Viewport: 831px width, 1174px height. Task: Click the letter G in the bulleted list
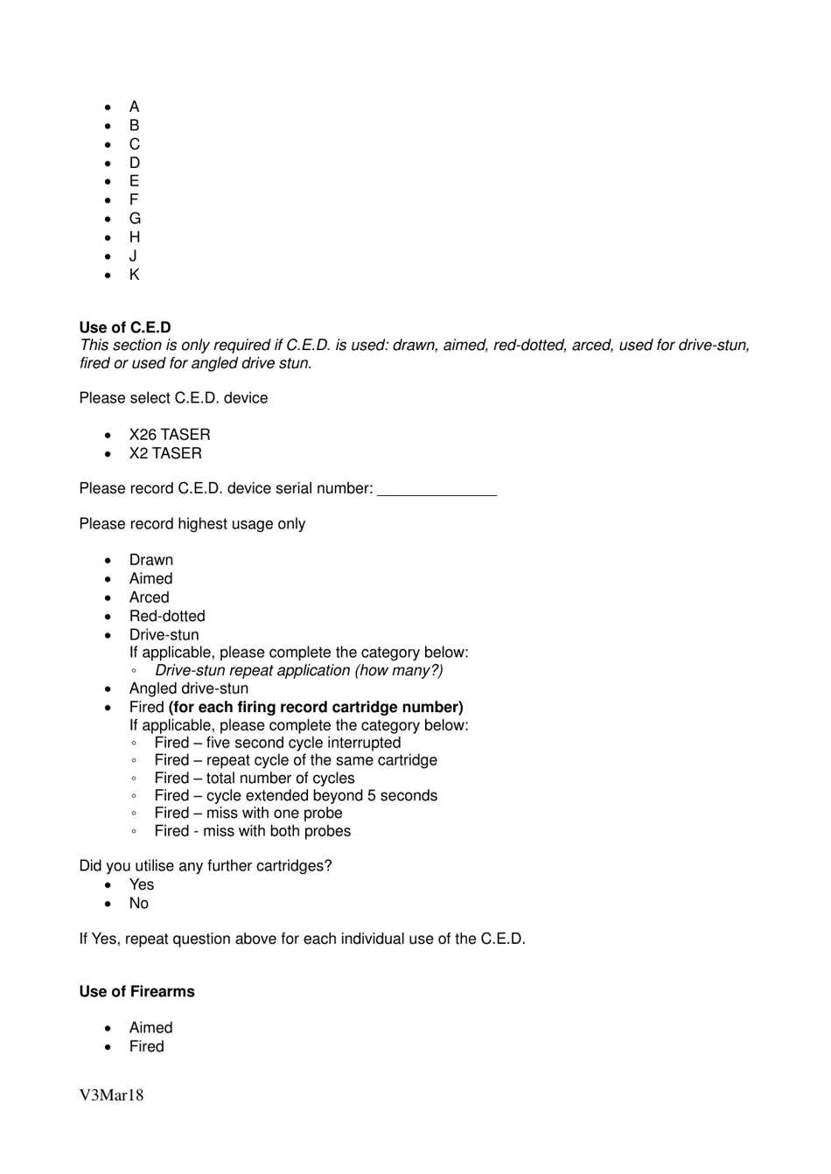[135, 219]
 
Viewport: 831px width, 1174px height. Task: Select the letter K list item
[134, 275]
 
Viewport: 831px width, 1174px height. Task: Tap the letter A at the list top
[134, 107]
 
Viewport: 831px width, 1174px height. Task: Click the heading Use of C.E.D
[125, 328]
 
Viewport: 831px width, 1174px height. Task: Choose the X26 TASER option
[170, 435]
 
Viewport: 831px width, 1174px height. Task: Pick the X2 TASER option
[165, 453]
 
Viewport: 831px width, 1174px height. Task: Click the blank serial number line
[436, 490]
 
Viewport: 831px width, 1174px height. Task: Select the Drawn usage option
[151, 560]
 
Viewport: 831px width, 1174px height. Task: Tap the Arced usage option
[149, 597]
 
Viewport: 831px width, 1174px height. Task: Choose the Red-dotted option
[167, 616]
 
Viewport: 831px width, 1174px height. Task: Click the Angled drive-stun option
[189, 688]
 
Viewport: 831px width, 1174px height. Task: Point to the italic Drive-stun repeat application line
[298, 671]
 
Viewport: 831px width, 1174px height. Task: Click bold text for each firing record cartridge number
[316, 707]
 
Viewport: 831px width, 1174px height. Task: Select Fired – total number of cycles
[255, 779]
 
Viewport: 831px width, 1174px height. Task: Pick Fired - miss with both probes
[253, 831]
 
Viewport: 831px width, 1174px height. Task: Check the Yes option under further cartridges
[142, 884]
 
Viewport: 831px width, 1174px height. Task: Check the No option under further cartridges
[139, 904]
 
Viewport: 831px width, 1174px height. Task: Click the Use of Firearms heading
[137, 992]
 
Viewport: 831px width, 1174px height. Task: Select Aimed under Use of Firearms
[150, 1028]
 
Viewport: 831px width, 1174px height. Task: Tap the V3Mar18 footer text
[111, 1095]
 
